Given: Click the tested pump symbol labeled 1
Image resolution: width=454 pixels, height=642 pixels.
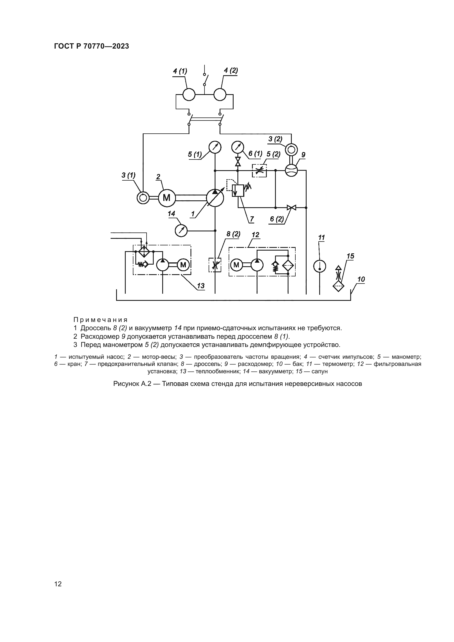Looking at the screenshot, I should click(215, 198).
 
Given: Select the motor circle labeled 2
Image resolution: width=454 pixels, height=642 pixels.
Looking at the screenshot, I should click(167, 198).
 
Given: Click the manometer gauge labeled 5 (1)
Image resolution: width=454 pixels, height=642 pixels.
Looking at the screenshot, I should click(215, 147).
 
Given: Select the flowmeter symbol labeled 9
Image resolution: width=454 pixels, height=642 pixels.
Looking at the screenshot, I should click(291, 170).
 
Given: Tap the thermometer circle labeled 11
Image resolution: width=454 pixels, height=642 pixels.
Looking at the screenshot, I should click(320, 266).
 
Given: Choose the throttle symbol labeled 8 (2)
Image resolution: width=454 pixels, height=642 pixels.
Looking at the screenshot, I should click(215, 265).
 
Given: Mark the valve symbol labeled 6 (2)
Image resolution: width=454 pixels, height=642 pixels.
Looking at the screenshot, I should click(292, 208).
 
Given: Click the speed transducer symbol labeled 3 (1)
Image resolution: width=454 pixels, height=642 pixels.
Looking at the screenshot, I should click(143, 198).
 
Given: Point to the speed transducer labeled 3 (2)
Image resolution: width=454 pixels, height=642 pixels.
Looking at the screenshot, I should click(291, 150).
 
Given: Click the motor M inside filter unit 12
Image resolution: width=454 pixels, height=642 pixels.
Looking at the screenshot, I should click(237, 265).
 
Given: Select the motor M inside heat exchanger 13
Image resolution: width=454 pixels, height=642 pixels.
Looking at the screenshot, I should click(183, 265).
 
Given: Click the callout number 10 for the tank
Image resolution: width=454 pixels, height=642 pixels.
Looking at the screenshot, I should click(361, 279).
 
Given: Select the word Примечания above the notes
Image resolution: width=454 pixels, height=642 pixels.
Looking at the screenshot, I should click(101, 319).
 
